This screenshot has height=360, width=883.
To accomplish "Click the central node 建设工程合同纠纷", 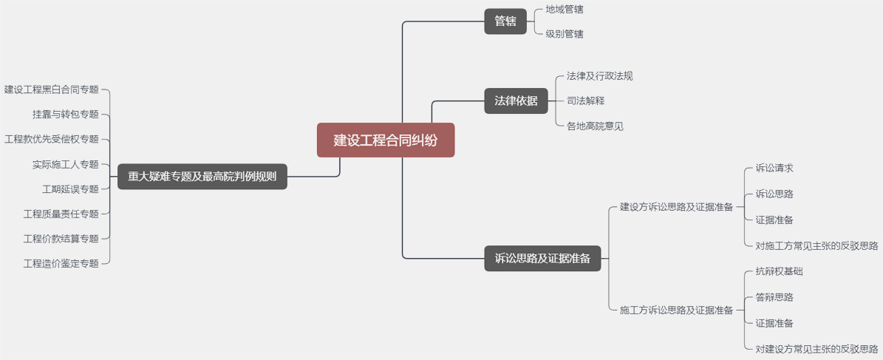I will (386, 140).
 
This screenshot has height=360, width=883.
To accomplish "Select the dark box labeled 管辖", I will (505, 21).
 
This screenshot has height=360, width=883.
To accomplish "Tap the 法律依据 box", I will (516, 101).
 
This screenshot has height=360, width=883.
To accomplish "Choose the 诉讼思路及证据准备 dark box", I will (542, 259).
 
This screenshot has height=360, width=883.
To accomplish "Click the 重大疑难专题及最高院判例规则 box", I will (202, 177).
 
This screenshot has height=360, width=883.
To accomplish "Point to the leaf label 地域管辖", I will (565, 10).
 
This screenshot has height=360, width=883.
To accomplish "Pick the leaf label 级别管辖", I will (565, 34).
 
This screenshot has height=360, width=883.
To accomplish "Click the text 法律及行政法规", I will (599, 76).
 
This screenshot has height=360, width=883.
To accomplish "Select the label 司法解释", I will (585, 101).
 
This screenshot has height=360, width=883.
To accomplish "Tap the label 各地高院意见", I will (595, 126).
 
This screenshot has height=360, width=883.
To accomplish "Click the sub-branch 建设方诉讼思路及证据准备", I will (676, 207).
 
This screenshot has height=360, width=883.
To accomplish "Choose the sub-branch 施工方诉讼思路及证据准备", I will (676, 310).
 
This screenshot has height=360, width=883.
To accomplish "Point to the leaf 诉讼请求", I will (774, 169).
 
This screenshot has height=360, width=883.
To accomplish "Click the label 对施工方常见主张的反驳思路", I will (816, 246).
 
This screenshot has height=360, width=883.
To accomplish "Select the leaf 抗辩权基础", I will (779, 272).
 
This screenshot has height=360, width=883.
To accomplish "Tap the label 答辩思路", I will (774, 298).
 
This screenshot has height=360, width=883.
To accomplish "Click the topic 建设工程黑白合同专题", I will (52, 90).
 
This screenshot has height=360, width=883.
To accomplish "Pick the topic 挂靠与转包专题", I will (66, 115).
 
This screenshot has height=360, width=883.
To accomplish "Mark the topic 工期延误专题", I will (70, 189).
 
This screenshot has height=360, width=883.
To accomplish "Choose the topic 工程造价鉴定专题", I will (61, 263).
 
